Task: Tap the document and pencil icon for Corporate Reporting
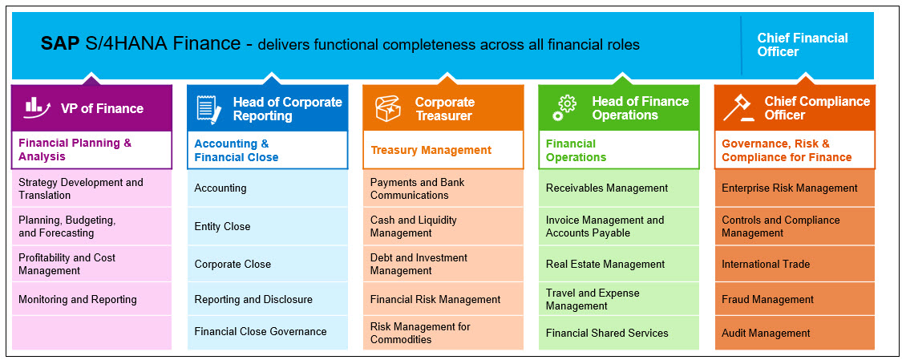pos(208,109)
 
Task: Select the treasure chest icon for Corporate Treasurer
pos(388,108)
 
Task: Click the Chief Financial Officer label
pos(802,45)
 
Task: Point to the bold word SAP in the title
pos(60,44)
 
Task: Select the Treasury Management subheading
pos(431,150)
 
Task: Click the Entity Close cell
pos(268,227)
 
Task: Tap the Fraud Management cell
pos(795,300)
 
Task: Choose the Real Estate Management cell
pos(618,265)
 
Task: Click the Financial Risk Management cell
pos(443,300)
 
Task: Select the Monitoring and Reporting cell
pos(91,300)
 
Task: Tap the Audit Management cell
pos(795,333)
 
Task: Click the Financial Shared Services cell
pos(618,333)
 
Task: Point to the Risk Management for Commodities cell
pos(443,333)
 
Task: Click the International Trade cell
pos(795,265)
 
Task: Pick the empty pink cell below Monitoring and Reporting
pos(91,333)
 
